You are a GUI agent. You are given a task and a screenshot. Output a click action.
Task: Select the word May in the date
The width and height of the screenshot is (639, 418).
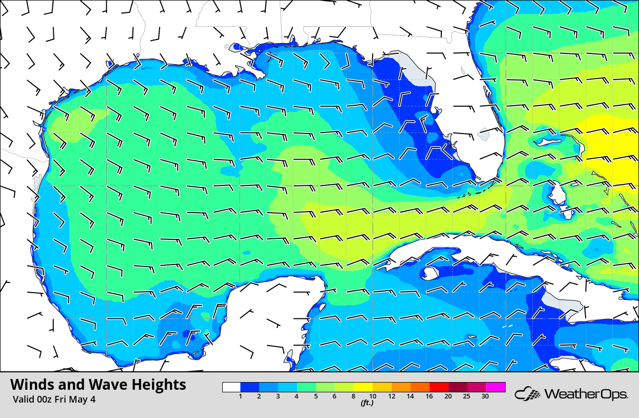pyautogui.click(x=79, y=399)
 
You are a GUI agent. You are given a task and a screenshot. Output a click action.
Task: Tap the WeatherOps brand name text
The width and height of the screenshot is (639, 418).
pyautogui.click(x=586, y=394)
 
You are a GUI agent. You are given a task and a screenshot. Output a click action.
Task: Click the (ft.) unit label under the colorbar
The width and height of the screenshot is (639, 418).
pyautogui.click(x=366, y=403)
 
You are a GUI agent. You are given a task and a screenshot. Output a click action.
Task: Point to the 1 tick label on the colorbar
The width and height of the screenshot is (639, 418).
pyautogui.click(x=240, y=396)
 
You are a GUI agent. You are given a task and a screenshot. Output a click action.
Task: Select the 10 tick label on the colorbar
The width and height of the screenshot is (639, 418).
pyautogui.click(x=372, y=396)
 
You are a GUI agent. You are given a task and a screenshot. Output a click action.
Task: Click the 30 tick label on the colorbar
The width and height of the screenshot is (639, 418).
pyautogui.click(x=485, y=396)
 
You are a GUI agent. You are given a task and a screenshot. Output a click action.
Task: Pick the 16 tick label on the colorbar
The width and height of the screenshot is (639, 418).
pyautogui.click(x=429, y=396)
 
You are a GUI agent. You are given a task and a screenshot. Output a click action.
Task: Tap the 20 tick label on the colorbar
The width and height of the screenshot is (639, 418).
pyautogui.click(x=448, y=396)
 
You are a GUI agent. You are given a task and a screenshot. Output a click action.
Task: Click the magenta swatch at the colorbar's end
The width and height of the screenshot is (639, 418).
pyautogui.click(x=496, y=387)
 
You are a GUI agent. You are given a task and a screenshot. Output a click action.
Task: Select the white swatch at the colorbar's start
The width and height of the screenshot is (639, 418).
pyautogui.click(x=231, y=387)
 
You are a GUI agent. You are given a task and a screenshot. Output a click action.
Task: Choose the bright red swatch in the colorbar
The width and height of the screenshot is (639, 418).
pyautogui.click(x=439, y=387)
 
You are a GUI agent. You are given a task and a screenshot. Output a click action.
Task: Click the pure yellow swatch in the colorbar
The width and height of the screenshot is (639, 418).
pyautogui.click(x=363, y=387)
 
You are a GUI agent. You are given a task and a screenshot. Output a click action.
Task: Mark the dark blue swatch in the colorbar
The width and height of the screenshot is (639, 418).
pyautogui.click(x=250, y=387)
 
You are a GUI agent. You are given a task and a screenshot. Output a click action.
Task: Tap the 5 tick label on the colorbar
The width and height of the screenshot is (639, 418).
pyautogui.click(x=316, y=396)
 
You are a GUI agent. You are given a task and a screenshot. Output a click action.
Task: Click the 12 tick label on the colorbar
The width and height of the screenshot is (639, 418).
pyautogui.click(x=392, y=396)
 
